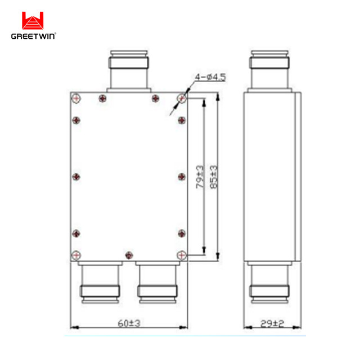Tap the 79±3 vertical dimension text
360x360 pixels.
tap(199, 175)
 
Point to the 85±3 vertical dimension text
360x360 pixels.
tap(214, 175)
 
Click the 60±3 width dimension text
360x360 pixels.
tap(128, 323)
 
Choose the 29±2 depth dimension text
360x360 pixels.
tap(272, 323)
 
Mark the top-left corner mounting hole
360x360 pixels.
tap(75, 98)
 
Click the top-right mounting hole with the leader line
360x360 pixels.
tap(181, 98)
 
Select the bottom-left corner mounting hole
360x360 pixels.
tap(75, 255)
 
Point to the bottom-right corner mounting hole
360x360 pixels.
tap(181, 255)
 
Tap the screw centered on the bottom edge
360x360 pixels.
tap(128, 256)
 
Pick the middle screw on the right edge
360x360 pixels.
tap(181, 177)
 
